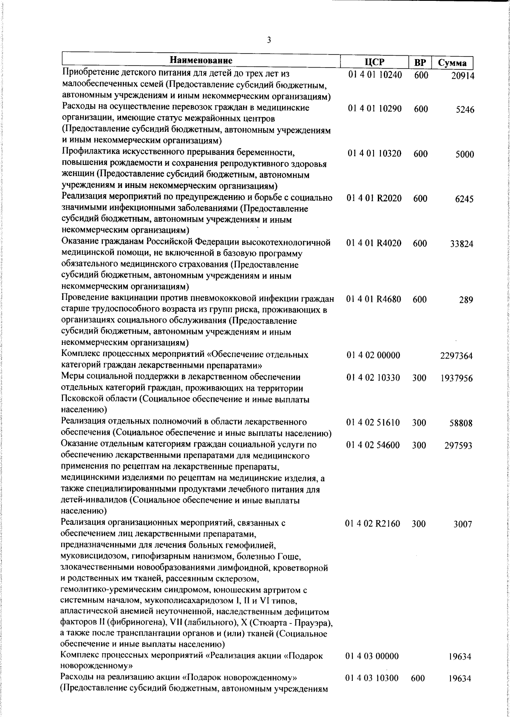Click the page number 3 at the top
coord(269,40)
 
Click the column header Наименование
coord(201,60)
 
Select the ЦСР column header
coord(374,62)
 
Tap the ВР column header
coord(420,63)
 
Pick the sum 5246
coord(465,110)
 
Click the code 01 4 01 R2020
coord(374,198)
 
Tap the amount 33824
coord(462,244)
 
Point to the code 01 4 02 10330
coord(374,378)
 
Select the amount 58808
coord(461,424)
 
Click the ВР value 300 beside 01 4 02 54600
coord(419,445)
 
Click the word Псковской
coord(79,400)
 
